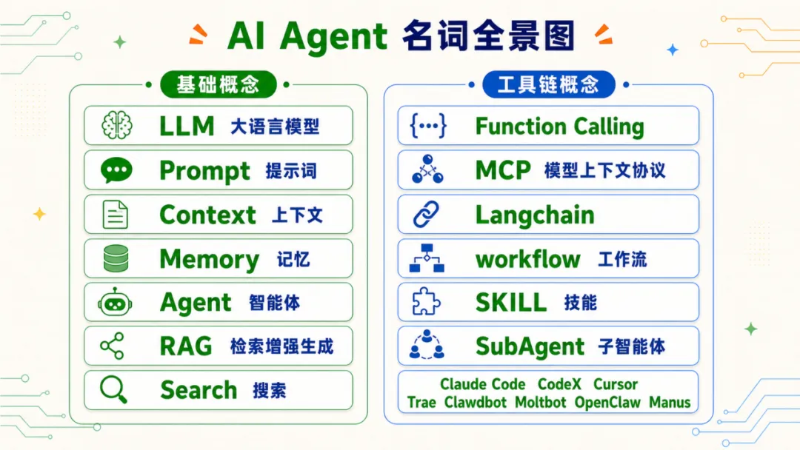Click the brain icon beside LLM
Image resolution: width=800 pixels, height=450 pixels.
tap(117, 125)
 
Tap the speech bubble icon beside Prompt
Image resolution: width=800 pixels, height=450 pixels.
tap(116, 170)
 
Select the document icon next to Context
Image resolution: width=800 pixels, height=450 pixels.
tap(116, 215)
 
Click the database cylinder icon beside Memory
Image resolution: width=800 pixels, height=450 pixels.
tap(116, 258)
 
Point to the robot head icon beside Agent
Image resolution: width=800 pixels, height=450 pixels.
tap(116, 302)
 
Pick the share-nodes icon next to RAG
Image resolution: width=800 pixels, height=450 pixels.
tap(113, 346)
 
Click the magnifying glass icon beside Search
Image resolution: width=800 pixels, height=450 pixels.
tap(113, 390)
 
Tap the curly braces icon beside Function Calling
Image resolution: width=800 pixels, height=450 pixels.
tap(428, 125)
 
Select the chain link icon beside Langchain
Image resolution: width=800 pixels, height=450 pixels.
tap(426, 214)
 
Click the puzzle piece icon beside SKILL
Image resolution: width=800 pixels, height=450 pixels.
tap(426, 302)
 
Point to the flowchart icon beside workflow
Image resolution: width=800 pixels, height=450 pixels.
tap(427, 258)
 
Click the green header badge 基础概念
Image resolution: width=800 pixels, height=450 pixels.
tap(219, 84)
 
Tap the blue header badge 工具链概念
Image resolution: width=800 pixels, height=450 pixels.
tap(548, 84)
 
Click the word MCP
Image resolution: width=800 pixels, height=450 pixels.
tap(503, 170)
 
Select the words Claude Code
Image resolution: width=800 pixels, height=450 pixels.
tap(483, 384)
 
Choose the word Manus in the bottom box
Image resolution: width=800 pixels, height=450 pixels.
tap(670, 403)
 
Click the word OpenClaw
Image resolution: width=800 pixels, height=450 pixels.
tap(607, 403)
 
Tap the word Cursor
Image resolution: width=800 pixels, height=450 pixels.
tap(616, 384)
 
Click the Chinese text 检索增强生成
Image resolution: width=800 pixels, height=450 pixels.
tap(281, 346)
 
